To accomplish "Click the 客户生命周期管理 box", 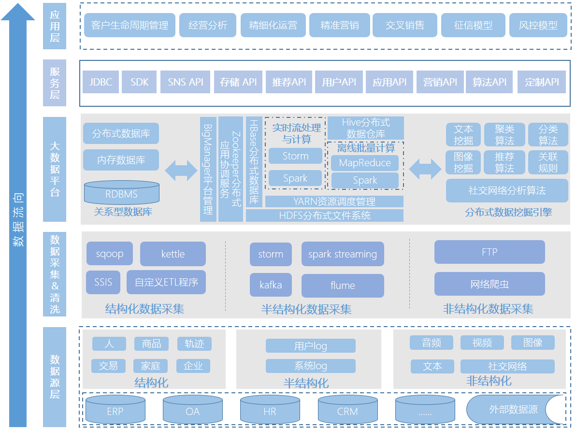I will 130,25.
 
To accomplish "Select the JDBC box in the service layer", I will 101,82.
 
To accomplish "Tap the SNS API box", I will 186,82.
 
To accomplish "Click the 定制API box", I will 541,82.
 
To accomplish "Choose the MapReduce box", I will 365,163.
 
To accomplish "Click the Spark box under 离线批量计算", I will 365,180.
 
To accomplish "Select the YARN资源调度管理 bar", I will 334,201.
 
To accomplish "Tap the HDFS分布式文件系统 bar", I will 325,215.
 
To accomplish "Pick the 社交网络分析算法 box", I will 507,190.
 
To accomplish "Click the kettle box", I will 173,254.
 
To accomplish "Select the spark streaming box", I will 343,254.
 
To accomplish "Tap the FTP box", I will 490,252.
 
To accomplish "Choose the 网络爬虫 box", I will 490,284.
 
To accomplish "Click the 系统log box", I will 311,366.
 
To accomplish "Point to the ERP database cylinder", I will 115,410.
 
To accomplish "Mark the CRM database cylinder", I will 347,410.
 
